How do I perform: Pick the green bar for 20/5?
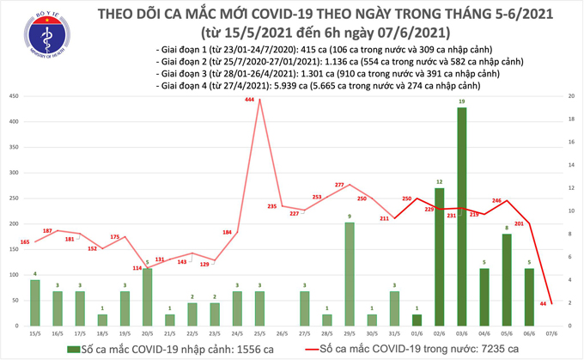tap(147, 296)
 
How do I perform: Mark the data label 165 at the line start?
tap(24, 243)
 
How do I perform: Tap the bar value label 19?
tap(462, 103)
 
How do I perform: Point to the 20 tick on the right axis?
tap(569, 97)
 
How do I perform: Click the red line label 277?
tap(339, 186)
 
